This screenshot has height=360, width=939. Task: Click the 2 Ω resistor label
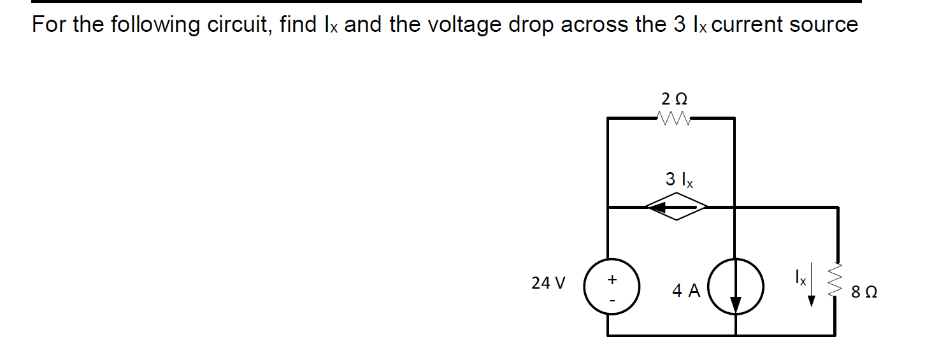[x=675, y=99]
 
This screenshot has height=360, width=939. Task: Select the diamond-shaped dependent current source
[x=677, y=206]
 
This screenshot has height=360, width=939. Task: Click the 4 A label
[x=686, y=291]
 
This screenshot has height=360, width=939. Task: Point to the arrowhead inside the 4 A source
[x=736, y=305]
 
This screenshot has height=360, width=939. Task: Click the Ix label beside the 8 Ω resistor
[x=800, y=278]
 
